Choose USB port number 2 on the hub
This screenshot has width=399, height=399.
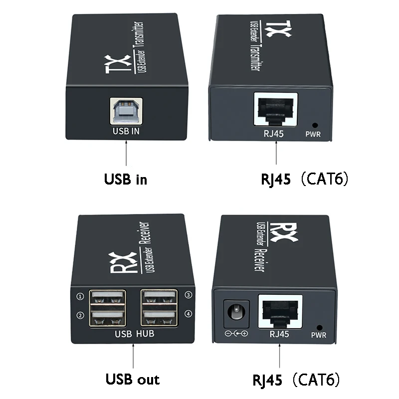coord(108,318)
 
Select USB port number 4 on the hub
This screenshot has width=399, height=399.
coord(159,318)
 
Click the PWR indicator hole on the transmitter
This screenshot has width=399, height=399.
coord(315,126)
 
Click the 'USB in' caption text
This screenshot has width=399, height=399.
coord(126,179)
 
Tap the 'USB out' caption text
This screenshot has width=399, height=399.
coord(133,379)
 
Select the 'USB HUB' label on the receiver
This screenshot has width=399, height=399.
coord(134,334)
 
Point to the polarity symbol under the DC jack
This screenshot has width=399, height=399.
coord(236,333)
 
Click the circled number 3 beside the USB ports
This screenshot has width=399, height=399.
coord(188,295)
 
